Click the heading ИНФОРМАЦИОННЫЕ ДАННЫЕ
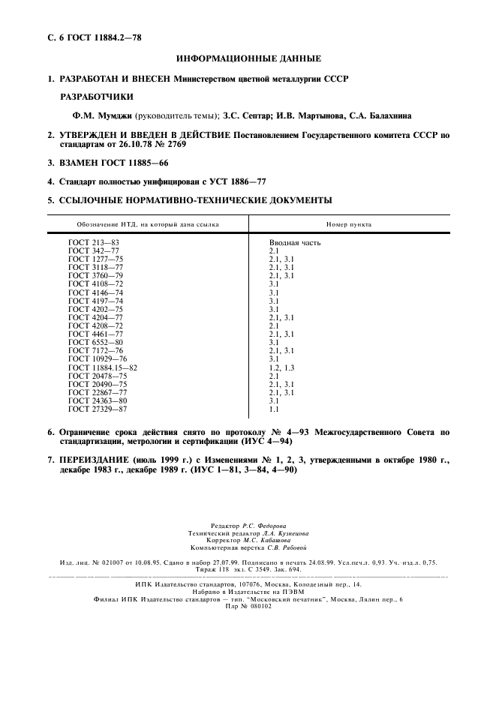click(248, 58)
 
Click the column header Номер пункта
click(349, 224)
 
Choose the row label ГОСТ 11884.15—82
click(103, 368)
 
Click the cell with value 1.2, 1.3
click(282, 368)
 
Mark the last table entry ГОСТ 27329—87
click(98, 409)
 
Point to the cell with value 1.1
click(274, 409)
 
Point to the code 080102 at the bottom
click(261, 606)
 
